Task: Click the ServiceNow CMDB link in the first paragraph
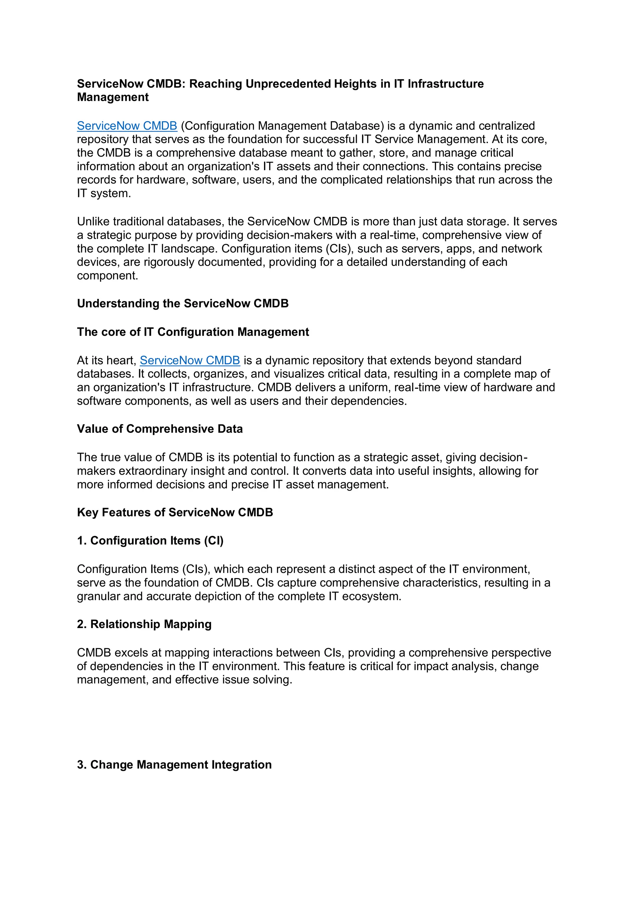click(127, 126)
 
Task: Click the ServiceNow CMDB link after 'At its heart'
click(190, 360)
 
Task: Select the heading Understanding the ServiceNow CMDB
click(183, 303)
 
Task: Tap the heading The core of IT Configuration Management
click(193, 332)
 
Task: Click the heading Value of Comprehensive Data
click(160, 429)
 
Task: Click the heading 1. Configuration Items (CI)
click(150, 541)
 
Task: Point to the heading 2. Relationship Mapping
click(144, 624)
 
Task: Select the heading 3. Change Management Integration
click(174, 765)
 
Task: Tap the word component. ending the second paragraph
click(107, 276)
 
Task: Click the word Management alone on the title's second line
click(113, 97)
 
